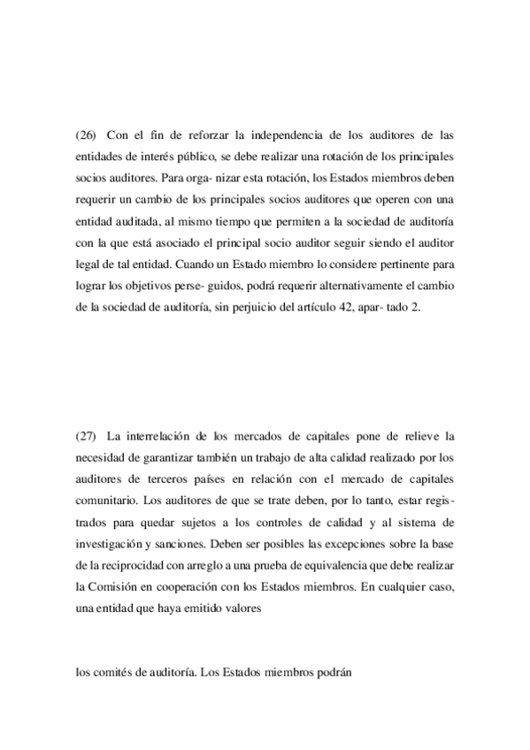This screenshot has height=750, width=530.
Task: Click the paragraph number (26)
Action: click(x=86, y=135)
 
